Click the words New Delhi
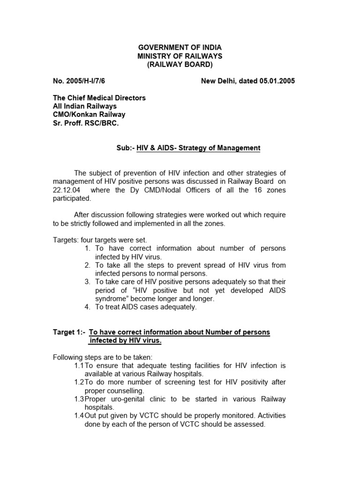coord(218,81)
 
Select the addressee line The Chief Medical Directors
coord(99,98)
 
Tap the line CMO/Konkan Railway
coord(89,114)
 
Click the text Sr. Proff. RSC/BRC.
coord(85,123)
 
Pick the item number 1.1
coord(79,365)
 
